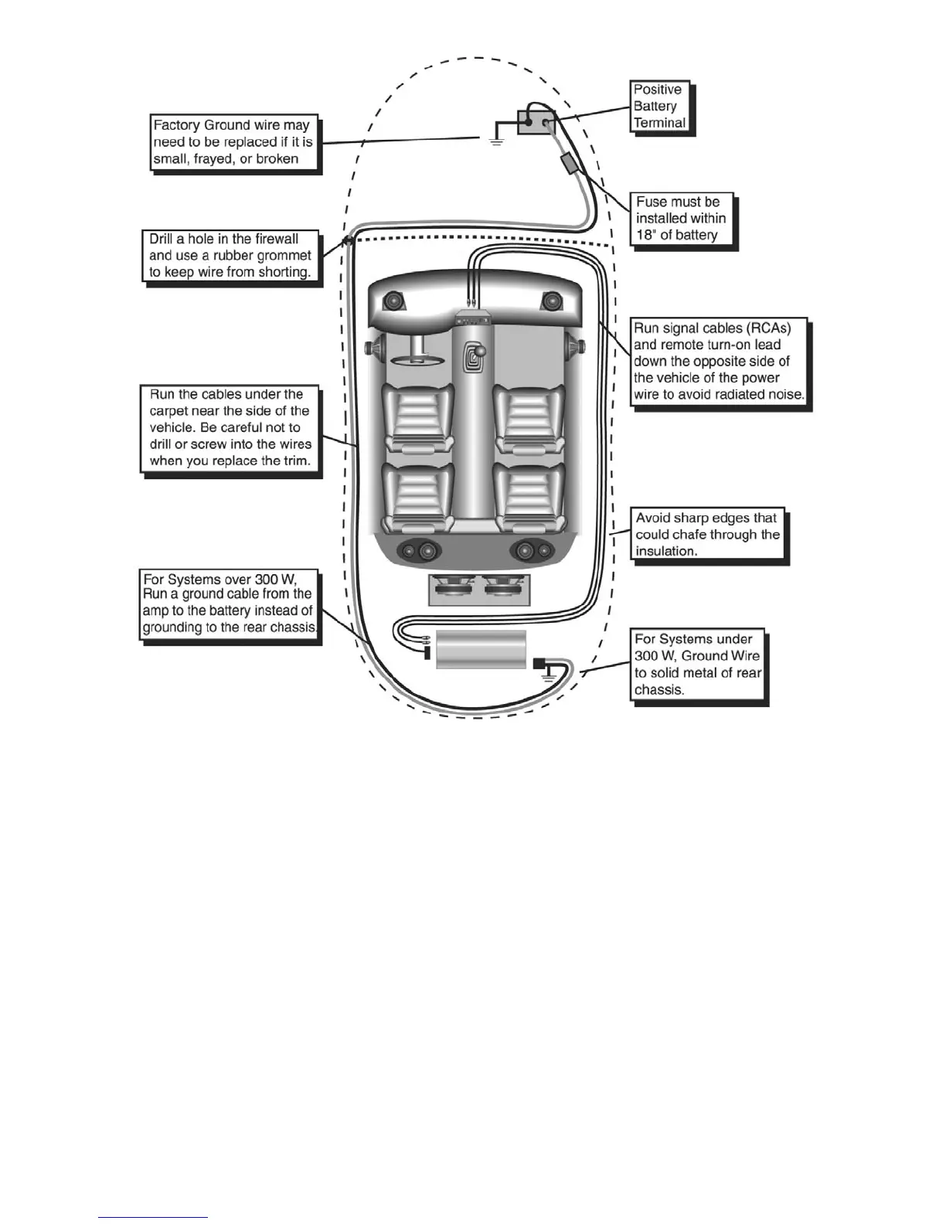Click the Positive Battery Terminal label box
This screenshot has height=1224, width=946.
(661, 107)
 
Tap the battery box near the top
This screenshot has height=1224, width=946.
(535, 122)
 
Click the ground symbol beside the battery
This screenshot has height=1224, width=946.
(496, 141)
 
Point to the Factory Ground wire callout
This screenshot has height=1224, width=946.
(233, 142)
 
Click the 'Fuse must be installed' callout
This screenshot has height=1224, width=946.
(681, 219)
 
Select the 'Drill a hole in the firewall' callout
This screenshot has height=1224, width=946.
(230, 256)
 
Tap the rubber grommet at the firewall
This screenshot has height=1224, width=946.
(348, 241)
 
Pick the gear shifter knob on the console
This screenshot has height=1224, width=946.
(480, 355)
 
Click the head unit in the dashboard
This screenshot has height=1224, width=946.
(472, 317)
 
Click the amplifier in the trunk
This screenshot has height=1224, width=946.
(481, 649)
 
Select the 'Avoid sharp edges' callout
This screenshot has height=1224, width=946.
(706, 535)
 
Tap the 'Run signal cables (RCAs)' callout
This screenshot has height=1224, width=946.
(719, 362)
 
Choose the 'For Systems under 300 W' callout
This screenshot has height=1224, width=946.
(698, 665)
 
